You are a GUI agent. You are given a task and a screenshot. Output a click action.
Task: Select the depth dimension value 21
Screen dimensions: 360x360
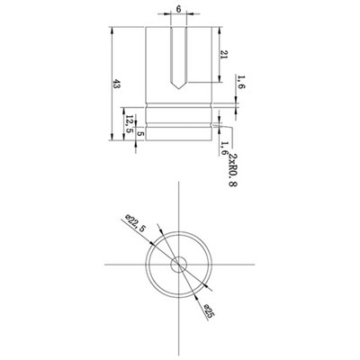click(x=224, y=57)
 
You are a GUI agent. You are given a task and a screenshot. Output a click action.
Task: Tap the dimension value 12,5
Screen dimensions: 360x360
click(x=130, y=124)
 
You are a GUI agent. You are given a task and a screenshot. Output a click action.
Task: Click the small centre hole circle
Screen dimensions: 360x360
click(x=179, y=264)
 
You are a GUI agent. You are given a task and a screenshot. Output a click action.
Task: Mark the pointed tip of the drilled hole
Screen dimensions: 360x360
click(x=179, y=90)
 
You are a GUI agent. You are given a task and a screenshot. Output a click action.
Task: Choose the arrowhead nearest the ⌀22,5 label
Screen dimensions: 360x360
click(x=154, y=237)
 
